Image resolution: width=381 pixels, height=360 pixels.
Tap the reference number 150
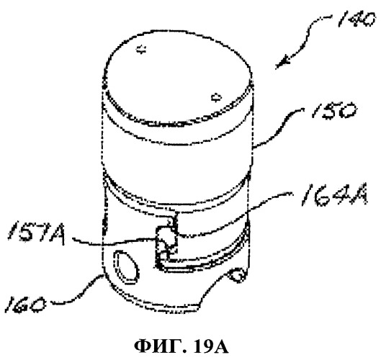[334, 111]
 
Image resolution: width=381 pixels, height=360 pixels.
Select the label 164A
[334, 199]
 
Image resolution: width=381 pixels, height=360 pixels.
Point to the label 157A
[37, 233]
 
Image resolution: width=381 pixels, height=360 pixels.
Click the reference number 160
[25, 304]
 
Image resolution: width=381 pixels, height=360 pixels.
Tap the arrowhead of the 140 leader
[283, 63]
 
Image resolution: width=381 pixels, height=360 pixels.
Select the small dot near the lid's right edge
[216, 97]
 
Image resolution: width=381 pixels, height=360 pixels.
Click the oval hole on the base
[127, 267]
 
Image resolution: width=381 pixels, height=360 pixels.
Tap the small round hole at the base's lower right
[237, 275]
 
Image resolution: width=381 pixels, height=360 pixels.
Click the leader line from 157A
[115, 242]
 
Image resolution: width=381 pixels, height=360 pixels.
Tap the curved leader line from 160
[77, 290]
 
